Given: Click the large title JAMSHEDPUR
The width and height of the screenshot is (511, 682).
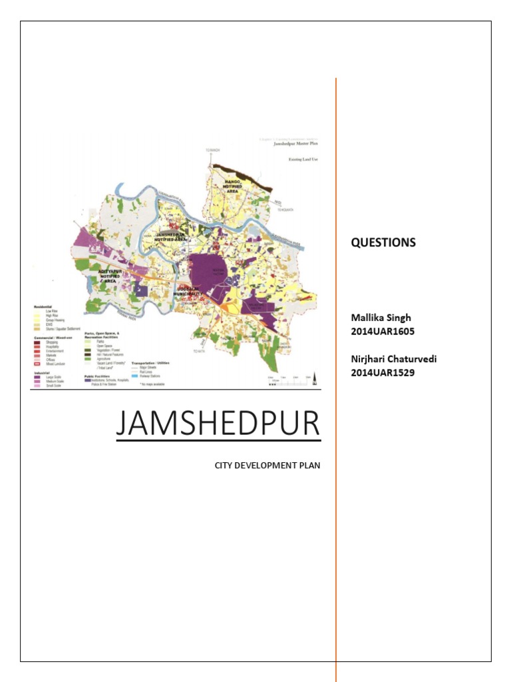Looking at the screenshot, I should [x=218, y=424].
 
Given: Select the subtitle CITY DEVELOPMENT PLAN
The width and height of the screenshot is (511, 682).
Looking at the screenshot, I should [x=267, y=465].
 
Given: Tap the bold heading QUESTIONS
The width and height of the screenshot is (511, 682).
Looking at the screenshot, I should [x=383, y=242].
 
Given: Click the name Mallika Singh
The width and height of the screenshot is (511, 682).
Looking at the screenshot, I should [x=380, y=318].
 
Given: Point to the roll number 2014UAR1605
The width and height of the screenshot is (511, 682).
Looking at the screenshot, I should [x=383, y=331].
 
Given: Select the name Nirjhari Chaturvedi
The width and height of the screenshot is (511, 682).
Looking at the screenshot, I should [x=394, y=360].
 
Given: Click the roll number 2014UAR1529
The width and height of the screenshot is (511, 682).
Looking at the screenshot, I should [x=383, y=372].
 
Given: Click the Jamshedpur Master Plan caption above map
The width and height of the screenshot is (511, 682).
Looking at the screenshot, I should [x=297, y=143].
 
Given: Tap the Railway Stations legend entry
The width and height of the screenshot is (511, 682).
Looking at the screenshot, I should [x=150, y=377].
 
